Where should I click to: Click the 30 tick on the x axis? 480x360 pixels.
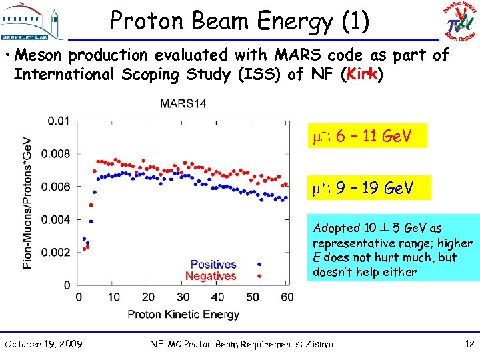point(183,297)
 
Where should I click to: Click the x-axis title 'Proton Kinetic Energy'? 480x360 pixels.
point(183,314)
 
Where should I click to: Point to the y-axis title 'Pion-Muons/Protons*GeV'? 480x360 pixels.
point(28,203)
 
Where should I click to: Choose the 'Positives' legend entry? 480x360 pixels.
point(213,265)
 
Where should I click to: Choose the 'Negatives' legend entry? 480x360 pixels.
point(211,276)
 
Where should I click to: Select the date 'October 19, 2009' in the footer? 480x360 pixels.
point(43,344)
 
